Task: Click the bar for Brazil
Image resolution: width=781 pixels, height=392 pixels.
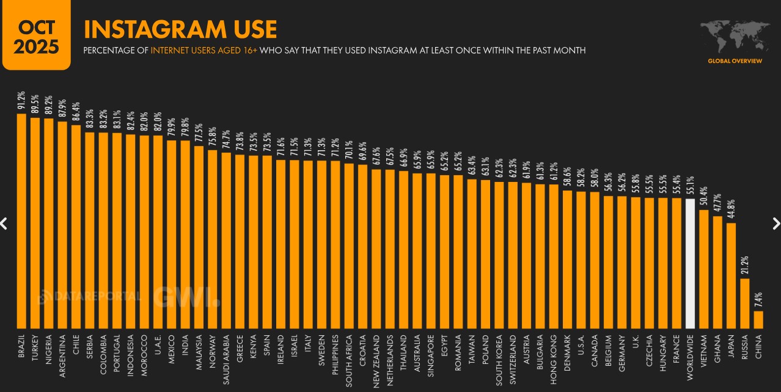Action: pos(21,220)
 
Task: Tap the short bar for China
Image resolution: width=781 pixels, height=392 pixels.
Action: pos(758,319)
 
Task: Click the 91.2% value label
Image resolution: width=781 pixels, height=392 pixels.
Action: pos(21,101)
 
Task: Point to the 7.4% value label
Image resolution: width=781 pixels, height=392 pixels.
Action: pos(758,299)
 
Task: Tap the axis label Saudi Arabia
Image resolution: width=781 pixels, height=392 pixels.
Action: pos(226,360)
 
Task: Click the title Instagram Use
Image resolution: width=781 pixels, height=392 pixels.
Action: pos(180,29)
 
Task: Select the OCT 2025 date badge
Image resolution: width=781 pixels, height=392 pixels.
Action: pos(36,35)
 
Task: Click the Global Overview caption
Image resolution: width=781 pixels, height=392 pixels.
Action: pos(735,61)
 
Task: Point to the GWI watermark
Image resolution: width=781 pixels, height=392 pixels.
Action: pos(186,297)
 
